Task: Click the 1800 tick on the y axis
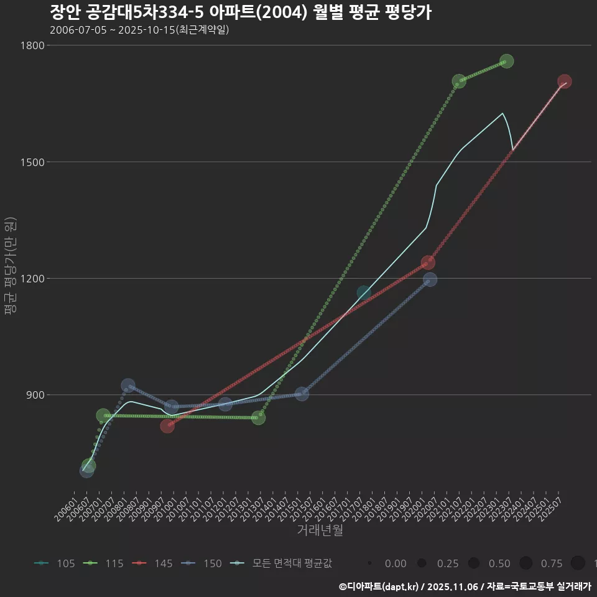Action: coord(32,45)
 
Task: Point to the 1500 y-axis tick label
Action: coord(32,162)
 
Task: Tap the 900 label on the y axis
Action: coord(35,394)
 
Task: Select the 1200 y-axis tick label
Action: coord(32,278)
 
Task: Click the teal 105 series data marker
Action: coord(364,293)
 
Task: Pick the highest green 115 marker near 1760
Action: coord(506,61)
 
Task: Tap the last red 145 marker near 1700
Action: coord(564,81)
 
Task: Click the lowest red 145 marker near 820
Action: coord(167,426)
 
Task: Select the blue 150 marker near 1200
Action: coord(430,280)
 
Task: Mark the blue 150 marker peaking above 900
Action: coord(128,386)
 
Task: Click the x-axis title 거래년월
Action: coord(320,530)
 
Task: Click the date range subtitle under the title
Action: coord(139,30)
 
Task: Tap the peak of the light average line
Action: coord(502,113)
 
